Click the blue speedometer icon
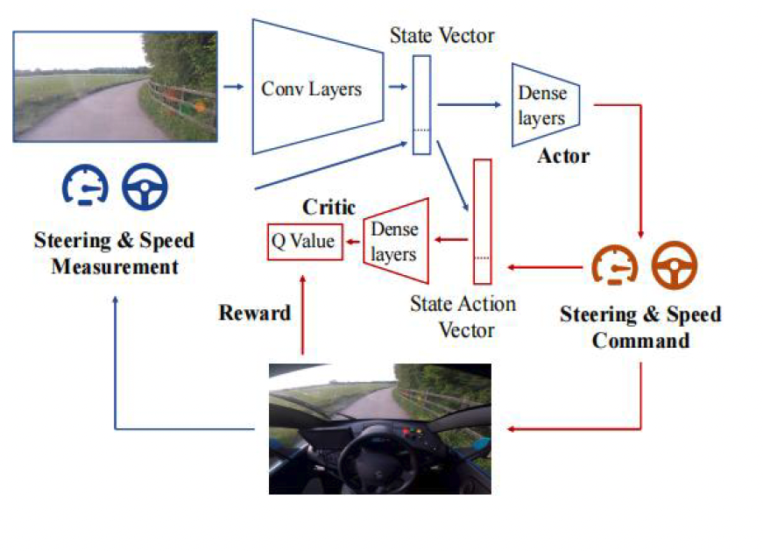[85, 185]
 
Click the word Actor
[562, 157]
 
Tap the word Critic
[329, 208]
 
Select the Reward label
[254, 313]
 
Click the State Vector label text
[442, 36]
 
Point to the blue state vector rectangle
[421, 105]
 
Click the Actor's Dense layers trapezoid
[541, 105]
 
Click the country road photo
[115, 87]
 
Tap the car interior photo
[379, 427]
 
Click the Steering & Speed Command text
[639, 327]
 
